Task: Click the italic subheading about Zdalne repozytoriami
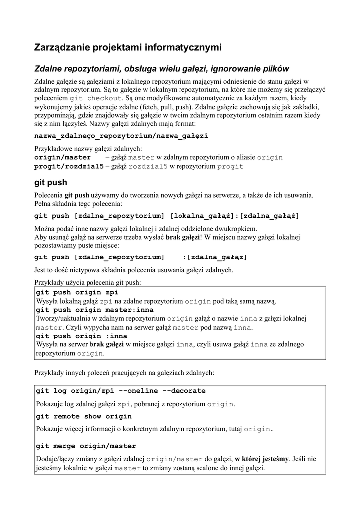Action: (162, 69)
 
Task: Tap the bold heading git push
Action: (50, 182)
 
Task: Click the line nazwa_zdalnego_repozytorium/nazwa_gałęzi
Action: (121, 135)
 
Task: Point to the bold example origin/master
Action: (62, 157)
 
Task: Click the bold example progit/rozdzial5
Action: (69, 166)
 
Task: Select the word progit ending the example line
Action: (230, 166)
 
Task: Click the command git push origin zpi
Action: (77, 292)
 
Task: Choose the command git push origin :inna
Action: (82, 336)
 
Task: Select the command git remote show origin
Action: (84, 416)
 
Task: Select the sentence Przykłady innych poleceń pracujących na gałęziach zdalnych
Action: (124, 372)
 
